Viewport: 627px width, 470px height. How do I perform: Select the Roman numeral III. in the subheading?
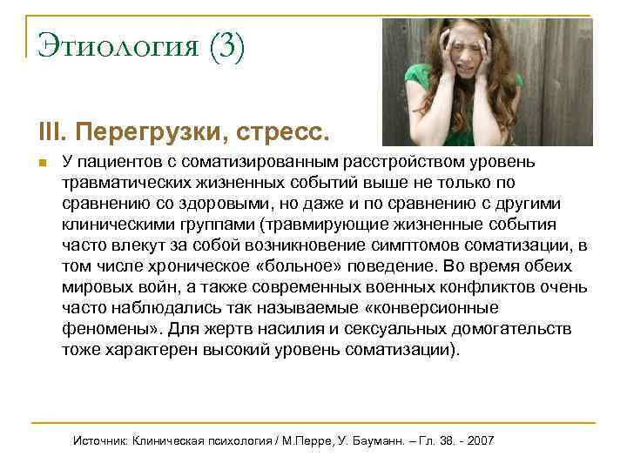(x=51, y=133)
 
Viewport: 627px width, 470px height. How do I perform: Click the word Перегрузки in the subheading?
(x=143, y=133)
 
